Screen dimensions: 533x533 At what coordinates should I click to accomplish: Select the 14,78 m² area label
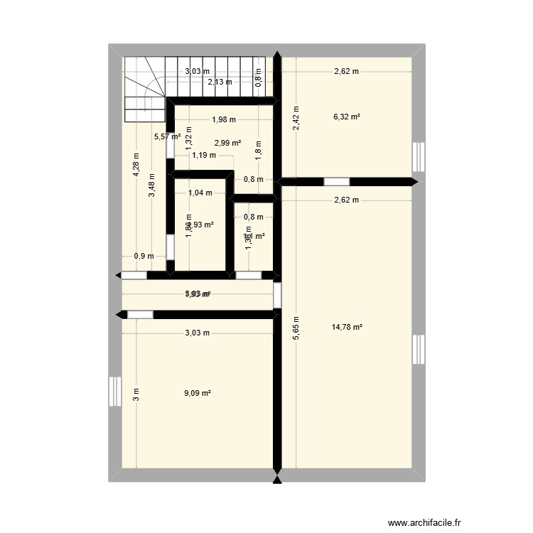click(x=347, y=327)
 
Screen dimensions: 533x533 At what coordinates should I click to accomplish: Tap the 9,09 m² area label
click(x=198, y=392)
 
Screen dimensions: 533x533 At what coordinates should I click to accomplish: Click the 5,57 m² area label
click(x=168, y=136)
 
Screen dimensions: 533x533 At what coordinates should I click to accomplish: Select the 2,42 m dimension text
click(x=296, y=117)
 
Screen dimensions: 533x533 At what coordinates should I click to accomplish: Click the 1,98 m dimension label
click(x=224, y=120)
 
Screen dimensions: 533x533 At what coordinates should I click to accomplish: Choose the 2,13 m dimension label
click(x=220, y=82)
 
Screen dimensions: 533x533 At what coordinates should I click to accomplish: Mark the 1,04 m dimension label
click(x=200, y=193)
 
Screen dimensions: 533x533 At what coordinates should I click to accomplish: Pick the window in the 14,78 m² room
click(x=419, y=349)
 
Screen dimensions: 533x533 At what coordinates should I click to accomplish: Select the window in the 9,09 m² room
click(x=115, y=392)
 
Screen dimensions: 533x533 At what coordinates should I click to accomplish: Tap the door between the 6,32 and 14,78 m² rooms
click(x=337, y=182)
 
